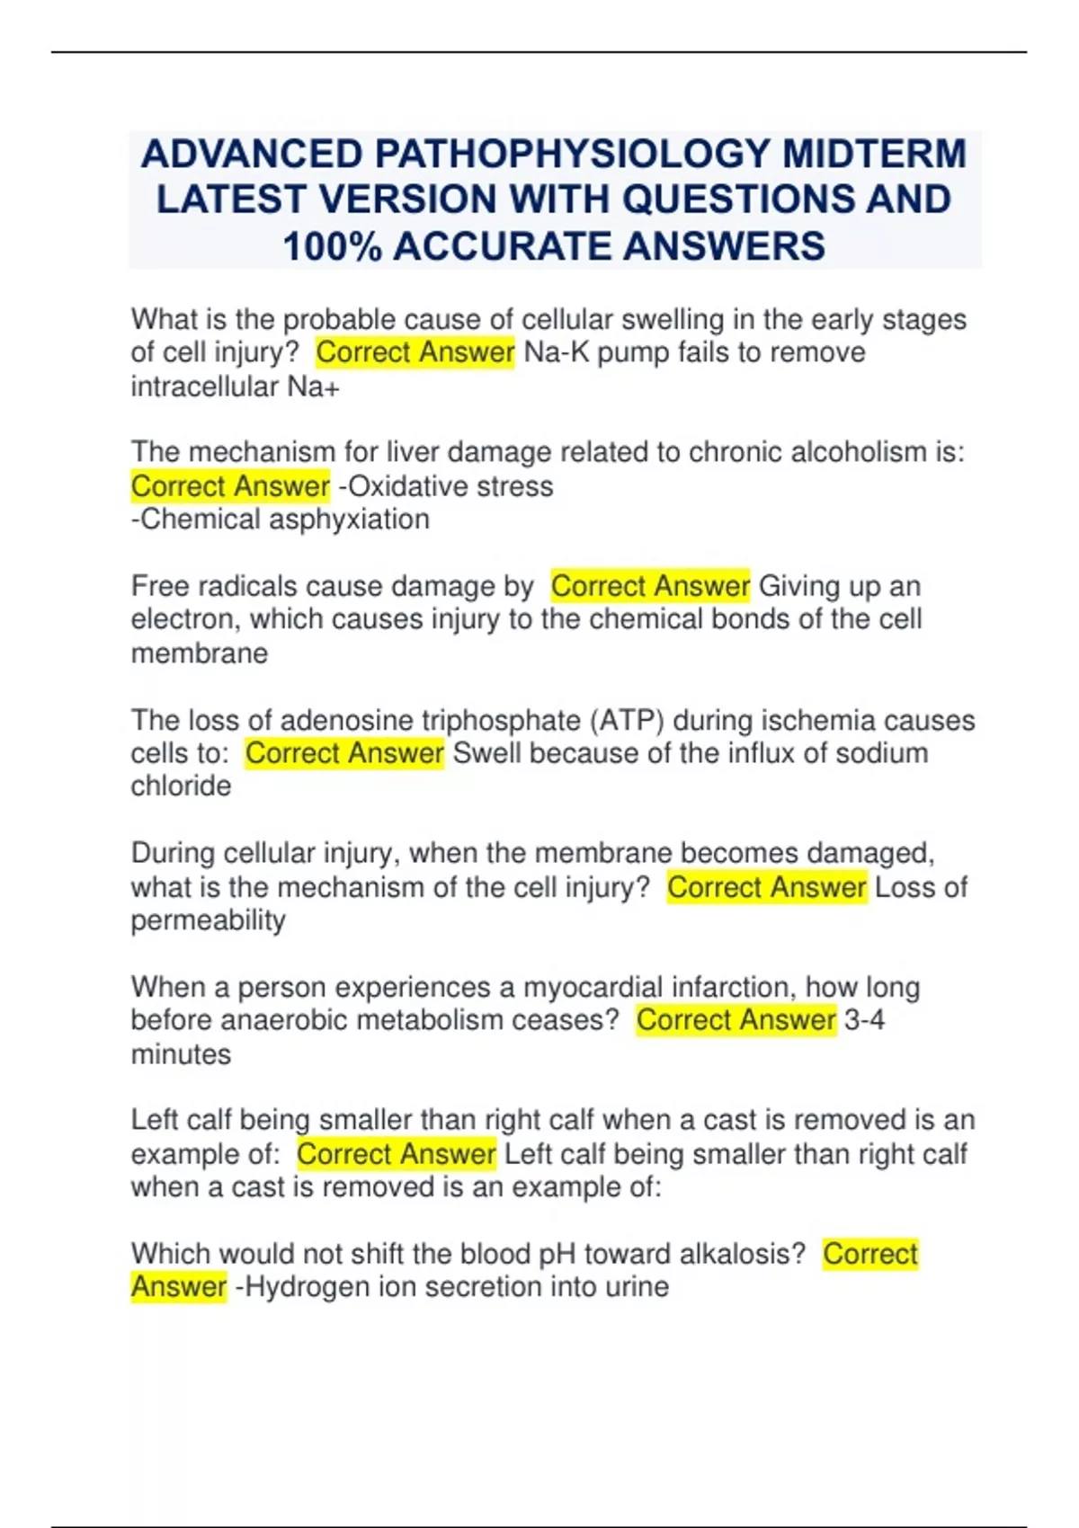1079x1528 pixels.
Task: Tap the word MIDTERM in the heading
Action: click(x=874, y=154)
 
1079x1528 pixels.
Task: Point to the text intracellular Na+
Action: click(x=236, y=386)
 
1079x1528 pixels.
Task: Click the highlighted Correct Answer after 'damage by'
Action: click(x=650, y=586)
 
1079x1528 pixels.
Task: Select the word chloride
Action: click(x=181, y=786)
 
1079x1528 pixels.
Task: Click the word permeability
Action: click(x=208, y=920)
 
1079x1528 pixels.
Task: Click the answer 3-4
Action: click(x=864, y=1020)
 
